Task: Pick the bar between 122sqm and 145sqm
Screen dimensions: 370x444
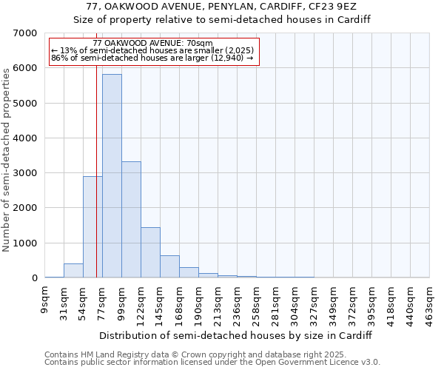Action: [x=150, y=252]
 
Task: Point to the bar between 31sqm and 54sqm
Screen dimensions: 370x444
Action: [x=73, y=271]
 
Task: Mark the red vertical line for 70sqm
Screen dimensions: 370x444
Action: [x=97, y=185]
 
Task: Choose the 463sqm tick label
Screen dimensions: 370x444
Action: [x=430, y=303]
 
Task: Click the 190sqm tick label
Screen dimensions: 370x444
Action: [x=199, y=303]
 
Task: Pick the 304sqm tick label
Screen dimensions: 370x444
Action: [x=295, y=303]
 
